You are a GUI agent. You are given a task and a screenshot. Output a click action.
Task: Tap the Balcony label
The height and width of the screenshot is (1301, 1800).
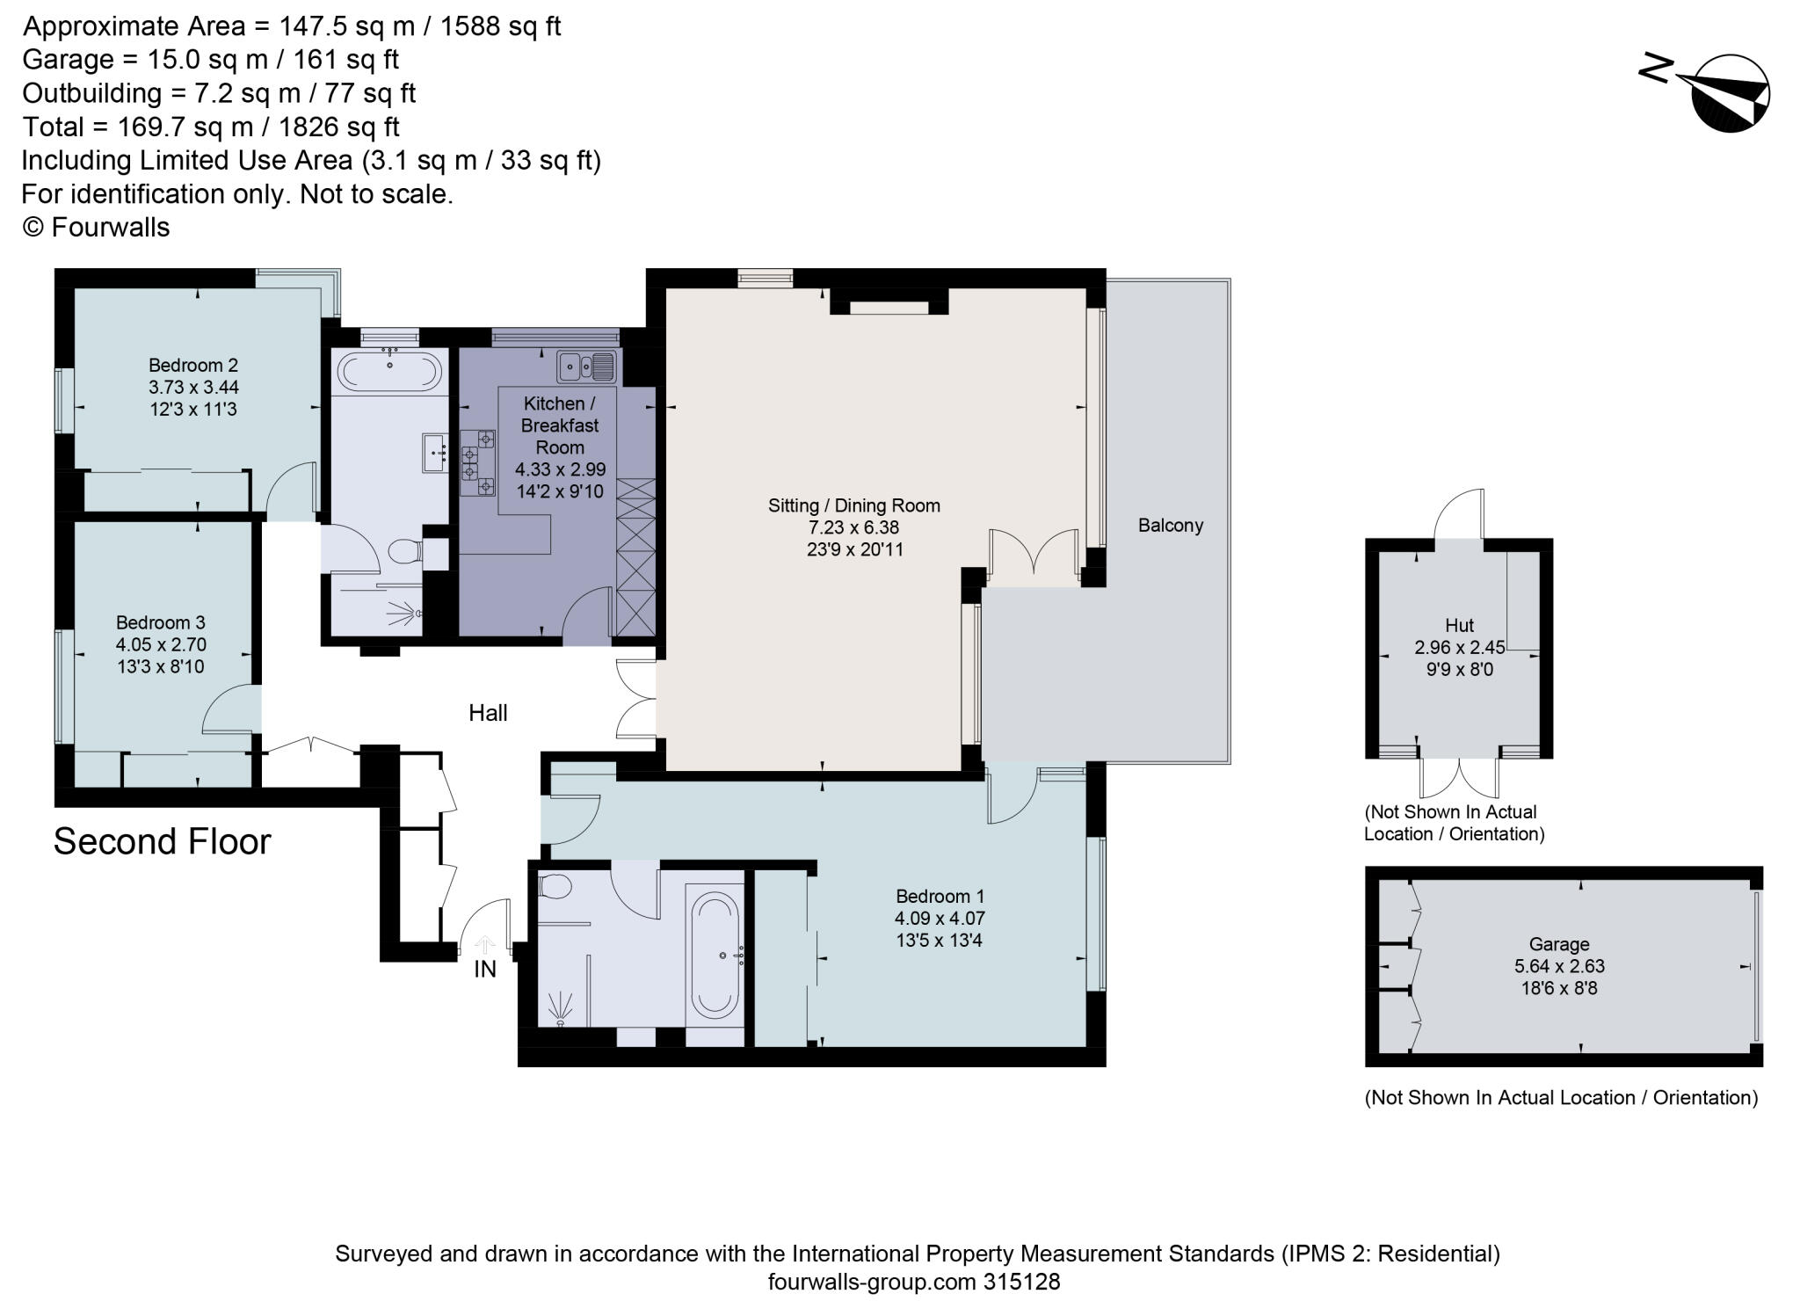coord(1170,526)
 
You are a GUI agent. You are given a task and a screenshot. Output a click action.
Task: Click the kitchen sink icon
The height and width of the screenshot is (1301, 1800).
coord(585,365)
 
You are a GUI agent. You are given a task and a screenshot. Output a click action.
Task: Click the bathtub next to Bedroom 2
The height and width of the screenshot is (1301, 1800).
coord(390,372)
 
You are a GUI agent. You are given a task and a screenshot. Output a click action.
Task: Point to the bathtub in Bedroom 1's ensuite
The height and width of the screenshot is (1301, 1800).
coord(714,955)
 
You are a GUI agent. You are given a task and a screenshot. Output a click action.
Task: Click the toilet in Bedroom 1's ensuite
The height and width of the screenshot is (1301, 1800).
coord(554,886)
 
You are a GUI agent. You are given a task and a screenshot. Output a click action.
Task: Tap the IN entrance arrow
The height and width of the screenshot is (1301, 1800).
coord(484,946)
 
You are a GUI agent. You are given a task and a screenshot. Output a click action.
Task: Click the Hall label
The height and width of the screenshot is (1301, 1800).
coord(488,713)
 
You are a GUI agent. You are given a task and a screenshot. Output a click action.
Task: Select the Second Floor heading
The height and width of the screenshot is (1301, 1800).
coord(162,841)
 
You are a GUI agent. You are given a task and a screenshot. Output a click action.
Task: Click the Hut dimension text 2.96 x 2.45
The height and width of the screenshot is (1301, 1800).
coord(1459,648)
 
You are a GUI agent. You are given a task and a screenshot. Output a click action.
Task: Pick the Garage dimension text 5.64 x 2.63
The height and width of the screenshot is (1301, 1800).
coord(1558,966)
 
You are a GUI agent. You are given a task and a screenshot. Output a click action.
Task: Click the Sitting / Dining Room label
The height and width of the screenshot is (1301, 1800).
coord(853,505)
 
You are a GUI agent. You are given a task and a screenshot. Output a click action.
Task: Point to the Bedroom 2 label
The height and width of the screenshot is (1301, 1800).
coord(193,365)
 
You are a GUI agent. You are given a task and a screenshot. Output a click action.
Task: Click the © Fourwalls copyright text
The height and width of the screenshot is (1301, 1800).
coord(96,228)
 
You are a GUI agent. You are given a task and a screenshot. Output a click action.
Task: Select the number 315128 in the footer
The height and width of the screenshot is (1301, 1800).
coord(1020,1282)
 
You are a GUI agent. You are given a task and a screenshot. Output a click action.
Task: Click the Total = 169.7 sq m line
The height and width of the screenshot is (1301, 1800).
coord(211,127)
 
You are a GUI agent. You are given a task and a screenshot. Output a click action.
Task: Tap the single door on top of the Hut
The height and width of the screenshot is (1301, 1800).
coord(1459,517)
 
